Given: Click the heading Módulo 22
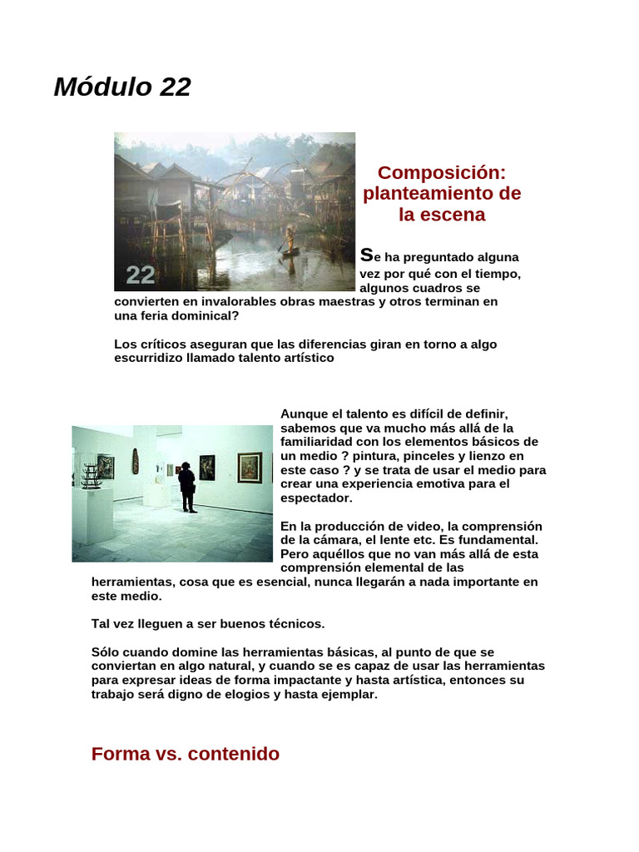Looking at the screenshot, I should click(122, 87).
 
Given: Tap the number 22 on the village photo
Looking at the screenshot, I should click(141, 275).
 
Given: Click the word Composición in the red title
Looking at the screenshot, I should click(441, 173).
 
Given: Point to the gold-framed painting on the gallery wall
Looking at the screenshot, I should click(250, 468).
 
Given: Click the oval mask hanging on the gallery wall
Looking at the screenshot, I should click(136, 460).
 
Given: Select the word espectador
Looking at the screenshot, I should click(316, 498).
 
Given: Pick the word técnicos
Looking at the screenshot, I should click(297, 623).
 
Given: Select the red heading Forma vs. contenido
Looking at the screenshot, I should click(186, 754).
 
